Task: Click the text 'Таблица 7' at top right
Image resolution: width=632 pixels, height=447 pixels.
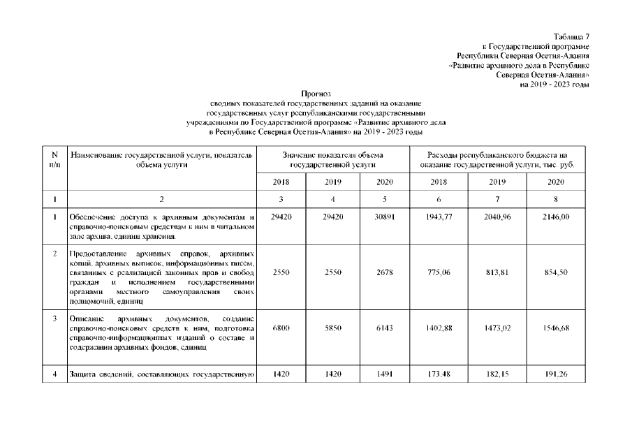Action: tap(572, 36)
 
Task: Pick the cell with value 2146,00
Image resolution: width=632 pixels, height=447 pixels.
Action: tap(557, 217)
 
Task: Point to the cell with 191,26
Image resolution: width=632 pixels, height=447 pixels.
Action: tap(557, 375)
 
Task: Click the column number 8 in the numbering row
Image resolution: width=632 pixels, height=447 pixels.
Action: tap(557, 199)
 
